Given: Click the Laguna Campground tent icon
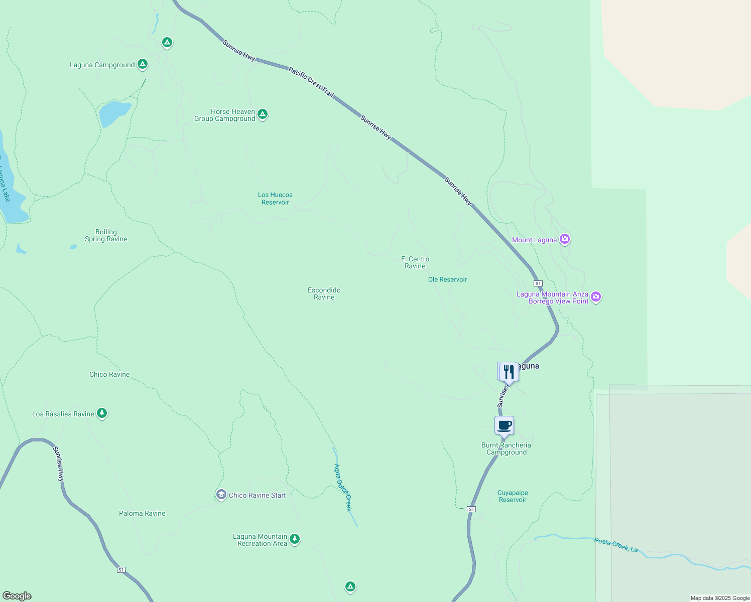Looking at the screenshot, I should click(x=143, y=64).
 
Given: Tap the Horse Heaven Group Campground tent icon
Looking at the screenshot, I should click(x=262, y=114).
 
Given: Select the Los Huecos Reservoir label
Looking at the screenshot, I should click(x=275, y=199).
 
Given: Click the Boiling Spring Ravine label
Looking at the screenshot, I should click(x=106, y=236).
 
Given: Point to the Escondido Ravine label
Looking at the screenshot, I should click(x=324, y=294).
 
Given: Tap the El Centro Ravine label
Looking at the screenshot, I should click(x=415, y=263).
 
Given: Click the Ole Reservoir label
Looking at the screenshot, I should click(x=447, y=280).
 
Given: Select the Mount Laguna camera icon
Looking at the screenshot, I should click(x=565, y=239).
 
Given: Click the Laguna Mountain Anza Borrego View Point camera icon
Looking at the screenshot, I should click(x=596, y=296).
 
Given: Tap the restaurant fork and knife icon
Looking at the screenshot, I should click(x=509, y=372).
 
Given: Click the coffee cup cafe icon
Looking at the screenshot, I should click(x=504, y=426).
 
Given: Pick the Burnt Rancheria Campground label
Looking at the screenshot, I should click(x=506, y=449).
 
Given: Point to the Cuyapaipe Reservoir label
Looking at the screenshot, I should click(x=513, y=496).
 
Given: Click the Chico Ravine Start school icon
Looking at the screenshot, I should click(x=221, y=495).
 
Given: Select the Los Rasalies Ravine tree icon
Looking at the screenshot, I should click(x=102, y=413).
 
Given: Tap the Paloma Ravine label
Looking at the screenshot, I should click(x=142, y=514).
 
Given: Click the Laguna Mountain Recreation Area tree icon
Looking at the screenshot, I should click(x=295, y=539).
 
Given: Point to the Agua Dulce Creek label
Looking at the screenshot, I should click(x=343, y=488).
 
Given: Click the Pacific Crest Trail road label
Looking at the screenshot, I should click(x=311, y=82).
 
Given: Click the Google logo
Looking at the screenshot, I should click(x=17, y=596).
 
